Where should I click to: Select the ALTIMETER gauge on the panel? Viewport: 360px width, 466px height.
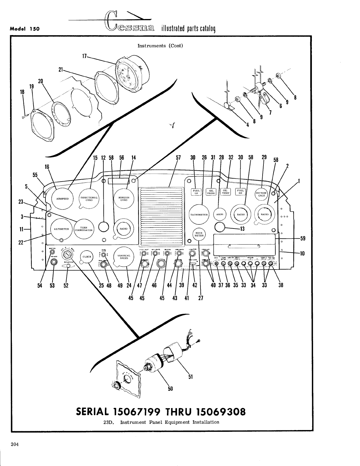point(61,229)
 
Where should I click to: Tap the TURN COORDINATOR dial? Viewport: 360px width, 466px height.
point(83,229)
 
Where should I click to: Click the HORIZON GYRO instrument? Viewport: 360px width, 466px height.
point(124,199)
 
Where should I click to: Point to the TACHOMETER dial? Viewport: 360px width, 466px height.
point(199,214)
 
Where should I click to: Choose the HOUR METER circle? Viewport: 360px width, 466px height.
point(199,234)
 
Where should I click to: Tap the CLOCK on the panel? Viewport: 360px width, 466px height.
point(87,256)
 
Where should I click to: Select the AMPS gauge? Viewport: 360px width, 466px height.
point(220,214)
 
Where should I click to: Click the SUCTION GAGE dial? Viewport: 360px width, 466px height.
point(261,194)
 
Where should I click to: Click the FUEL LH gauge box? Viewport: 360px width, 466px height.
point(196,192)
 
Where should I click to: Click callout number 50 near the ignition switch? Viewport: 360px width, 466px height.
point(170,388)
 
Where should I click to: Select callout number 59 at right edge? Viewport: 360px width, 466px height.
point(302,238)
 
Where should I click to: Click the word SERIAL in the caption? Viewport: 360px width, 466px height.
point(93,412)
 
